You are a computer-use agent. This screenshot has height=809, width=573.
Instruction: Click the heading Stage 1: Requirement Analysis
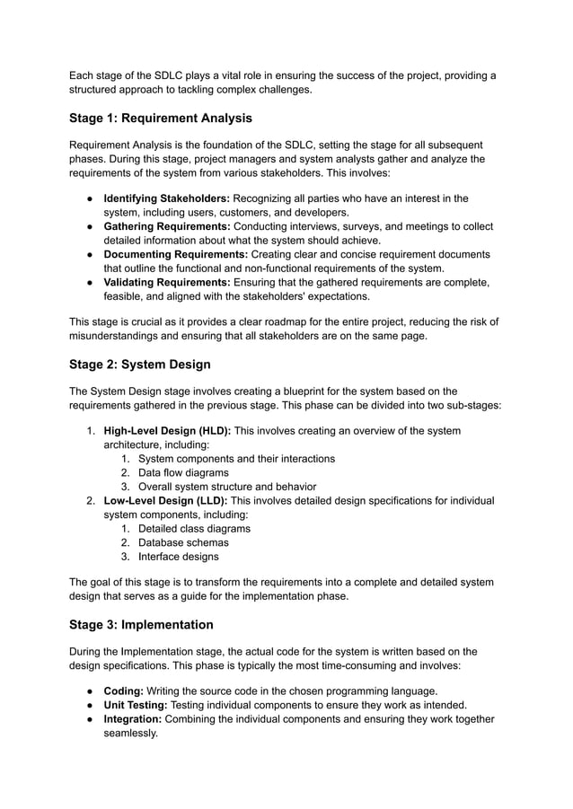tap(161, 119)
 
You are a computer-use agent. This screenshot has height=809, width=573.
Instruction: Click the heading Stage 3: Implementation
tap(141, 625)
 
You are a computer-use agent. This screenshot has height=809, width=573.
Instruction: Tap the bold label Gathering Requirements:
tap(168, 226)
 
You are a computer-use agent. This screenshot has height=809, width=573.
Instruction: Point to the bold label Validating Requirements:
tap(167, 282)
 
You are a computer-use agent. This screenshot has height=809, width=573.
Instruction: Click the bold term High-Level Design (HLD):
tap(167, 431)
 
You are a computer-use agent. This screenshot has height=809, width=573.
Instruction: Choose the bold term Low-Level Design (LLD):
tap(166, 500)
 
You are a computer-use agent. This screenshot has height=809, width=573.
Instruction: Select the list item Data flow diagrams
tap(183, 472)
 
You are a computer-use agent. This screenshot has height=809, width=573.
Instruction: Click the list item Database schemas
tap(183, 542)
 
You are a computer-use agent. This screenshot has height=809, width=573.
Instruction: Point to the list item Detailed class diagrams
tap(194, 528)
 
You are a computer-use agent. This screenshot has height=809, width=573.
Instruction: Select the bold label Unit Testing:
tap(136, 705)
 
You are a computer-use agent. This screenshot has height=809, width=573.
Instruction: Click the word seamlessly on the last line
tap(130, 733)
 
